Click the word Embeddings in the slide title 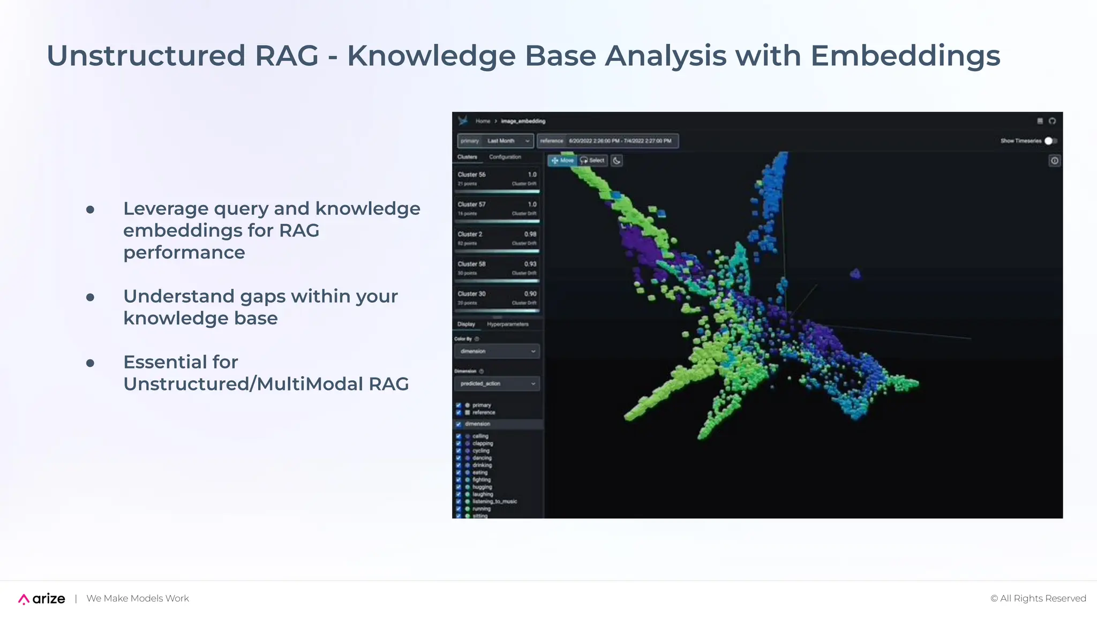[x=905, y=56]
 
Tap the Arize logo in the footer [x=42, y=599]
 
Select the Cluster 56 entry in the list [x=497, y=179]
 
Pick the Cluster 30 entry [x=497, y=298]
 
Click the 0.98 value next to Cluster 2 [x=530, y=234]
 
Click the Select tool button [x=592, y=160]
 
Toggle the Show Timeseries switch [x=1050, y=141]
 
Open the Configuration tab [x=505, y=157]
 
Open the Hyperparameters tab [x=507, y=324]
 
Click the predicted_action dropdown [x=497, y=383]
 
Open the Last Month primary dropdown [x=495, y=141]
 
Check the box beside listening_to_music [x=459, y=502]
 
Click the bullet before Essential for [x=90, y=363]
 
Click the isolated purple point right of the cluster [x=855, y=274]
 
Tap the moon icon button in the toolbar [x=617, y=161]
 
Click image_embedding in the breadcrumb [x=523, y=121]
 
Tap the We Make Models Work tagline [x=138, y=598]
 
